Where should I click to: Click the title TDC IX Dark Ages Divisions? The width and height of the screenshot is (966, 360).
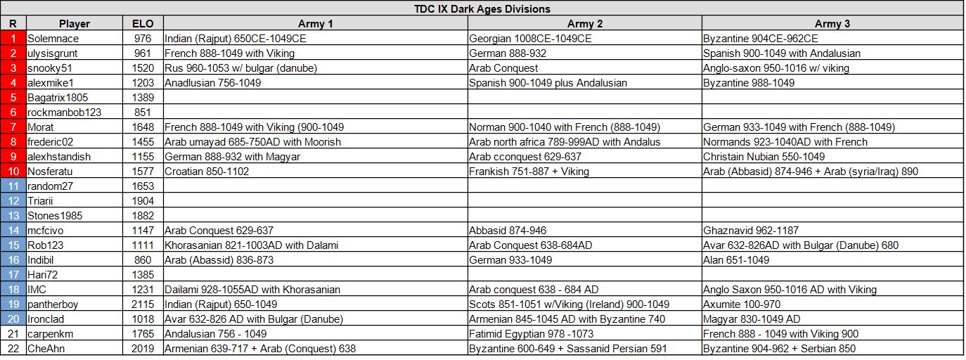click(x=482, y=9)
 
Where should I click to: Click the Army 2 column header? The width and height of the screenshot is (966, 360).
click(x=585, y=24)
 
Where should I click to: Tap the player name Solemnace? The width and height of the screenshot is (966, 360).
click(x=53, y=39)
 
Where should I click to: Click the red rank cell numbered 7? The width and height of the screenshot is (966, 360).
click(x=13, y=127)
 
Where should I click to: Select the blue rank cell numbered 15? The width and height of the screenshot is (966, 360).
click(x=13, y=245)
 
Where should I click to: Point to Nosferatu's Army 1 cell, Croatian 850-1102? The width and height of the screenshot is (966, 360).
click(x=207, y=172)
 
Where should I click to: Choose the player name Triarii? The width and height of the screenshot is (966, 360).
click(x=41, y=201)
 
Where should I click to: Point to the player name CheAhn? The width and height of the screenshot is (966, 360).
click(x=46, y=349)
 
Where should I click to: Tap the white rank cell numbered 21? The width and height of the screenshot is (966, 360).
click(x=13, y=334)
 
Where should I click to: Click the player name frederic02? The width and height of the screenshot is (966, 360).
click(x=50, y=142)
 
